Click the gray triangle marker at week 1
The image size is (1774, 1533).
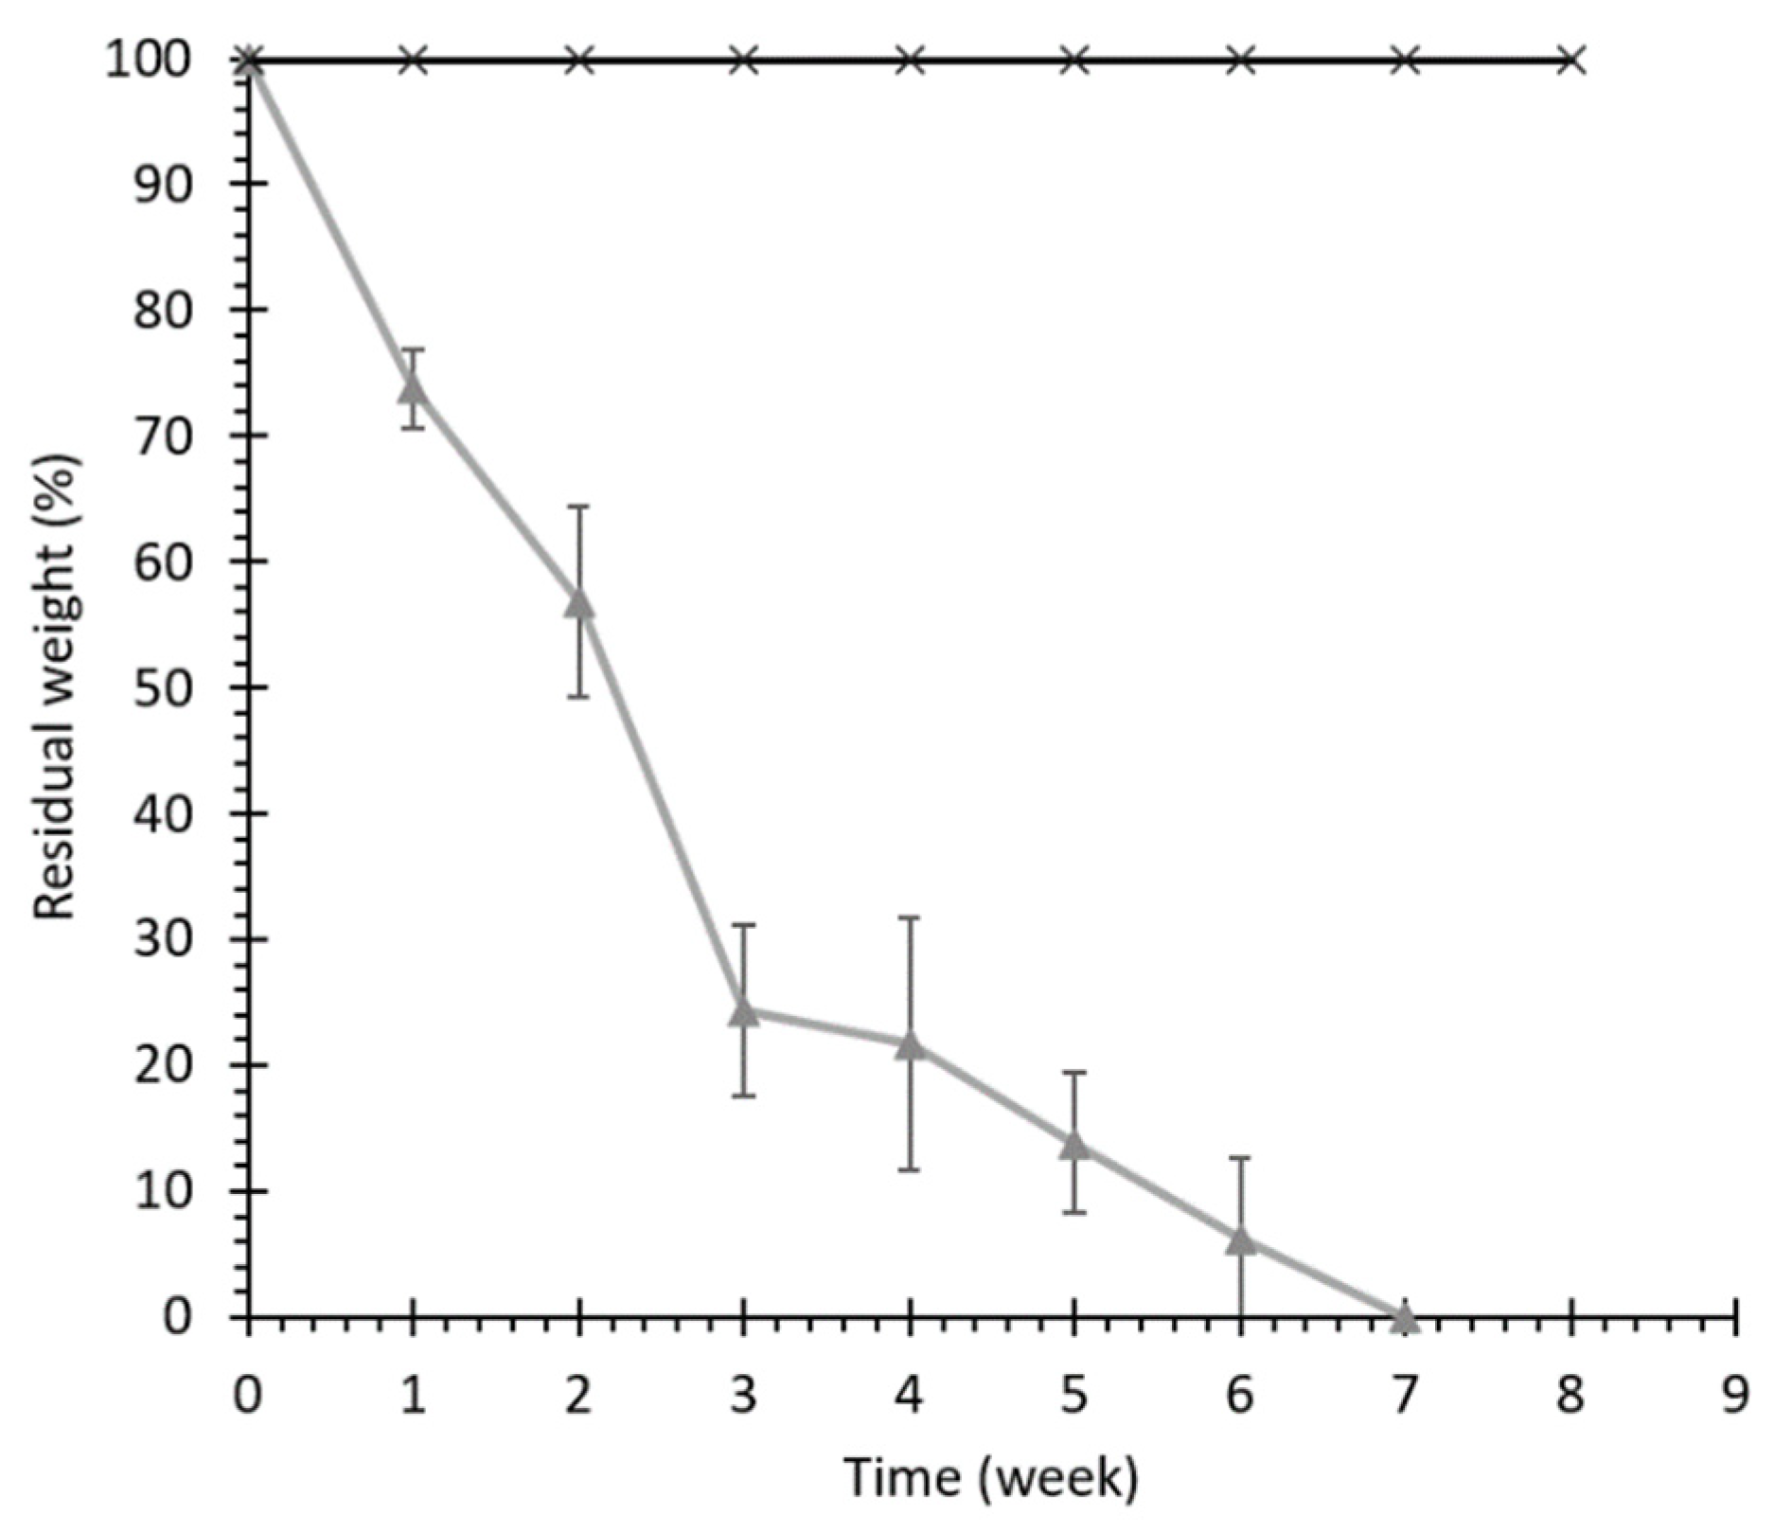(413, 387)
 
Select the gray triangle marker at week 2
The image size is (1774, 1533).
(579, 603)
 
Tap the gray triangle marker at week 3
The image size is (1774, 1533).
(744, 1011)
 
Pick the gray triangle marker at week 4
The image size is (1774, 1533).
(910, 1045)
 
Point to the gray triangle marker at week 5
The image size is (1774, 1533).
(1074, 1145)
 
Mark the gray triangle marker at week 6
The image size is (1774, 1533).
(1241, 1240)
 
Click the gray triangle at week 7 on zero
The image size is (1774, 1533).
(1406, 1315)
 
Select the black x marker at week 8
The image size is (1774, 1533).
(1571, 62)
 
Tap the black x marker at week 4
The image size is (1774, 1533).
(910, 62)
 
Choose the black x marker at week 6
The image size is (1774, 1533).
(1241, 62)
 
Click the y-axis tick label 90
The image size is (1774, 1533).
(162, 184)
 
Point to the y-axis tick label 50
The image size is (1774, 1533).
(162, 687)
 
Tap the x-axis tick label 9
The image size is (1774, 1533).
(1735, 1396)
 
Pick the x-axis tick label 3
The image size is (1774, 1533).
(744, 1396)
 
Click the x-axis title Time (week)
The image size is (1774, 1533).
(991, 1478)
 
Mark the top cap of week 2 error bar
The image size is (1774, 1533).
(579, 507)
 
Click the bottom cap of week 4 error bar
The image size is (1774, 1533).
(910, 1170)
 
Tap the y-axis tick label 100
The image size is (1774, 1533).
(148, 62)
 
